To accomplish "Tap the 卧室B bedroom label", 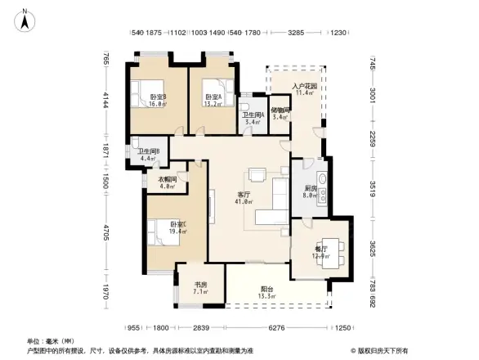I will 158,97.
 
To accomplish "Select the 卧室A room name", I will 213,97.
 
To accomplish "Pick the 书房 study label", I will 200,284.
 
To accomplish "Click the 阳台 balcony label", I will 266,288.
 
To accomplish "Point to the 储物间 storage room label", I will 280,110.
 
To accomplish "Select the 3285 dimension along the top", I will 297,34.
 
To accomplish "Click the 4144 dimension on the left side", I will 105,102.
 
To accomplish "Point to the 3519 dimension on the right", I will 372,184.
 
